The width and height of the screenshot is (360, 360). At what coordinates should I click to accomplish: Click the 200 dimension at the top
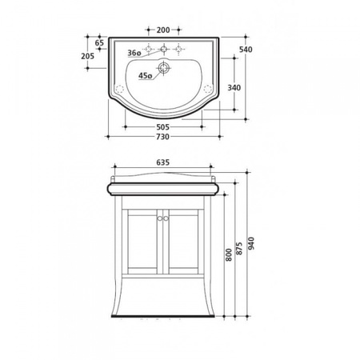(163, 30)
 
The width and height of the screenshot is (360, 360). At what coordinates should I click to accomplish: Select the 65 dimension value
(99, 42)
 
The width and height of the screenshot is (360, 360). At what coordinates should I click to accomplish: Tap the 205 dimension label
(88, 56)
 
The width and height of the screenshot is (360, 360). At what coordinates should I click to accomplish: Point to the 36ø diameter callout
(134, 53)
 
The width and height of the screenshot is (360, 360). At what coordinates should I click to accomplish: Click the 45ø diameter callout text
(145, 76)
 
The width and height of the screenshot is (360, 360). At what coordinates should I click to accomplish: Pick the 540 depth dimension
(246, 50)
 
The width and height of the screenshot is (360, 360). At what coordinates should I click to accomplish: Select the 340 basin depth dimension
(234, 87)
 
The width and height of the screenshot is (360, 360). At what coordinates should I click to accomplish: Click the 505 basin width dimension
(163, 127)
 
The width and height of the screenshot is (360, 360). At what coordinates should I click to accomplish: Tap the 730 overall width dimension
(163, 137)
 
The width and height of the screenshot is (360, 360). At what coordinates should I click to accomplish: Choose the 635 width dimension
(163, 162)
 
